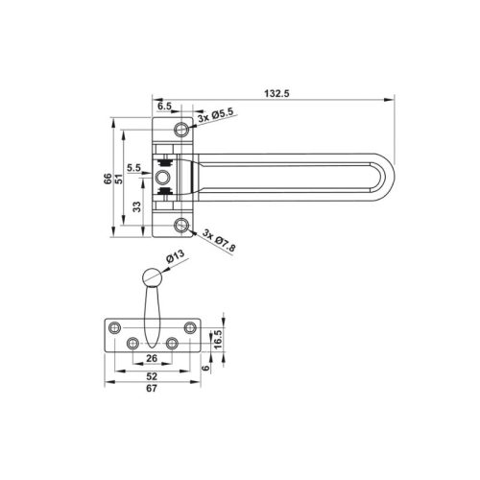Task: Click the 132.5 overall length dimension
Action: tap(276, 93)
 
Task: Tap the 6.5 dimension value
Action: tap(164, 106)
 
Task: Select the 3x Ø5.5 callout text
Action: tap(216, 115)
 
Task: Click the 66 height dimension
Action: tap(108, 179)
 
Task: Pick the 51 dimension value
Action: tap(119, 179)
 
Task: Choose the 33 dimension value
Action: tap(137, 206)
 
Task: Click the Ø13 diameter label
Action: tap(176, 256)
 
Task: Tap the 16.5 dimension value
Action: tap(217, 339)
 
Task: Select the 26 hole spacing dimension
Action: tap(152, 358)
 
